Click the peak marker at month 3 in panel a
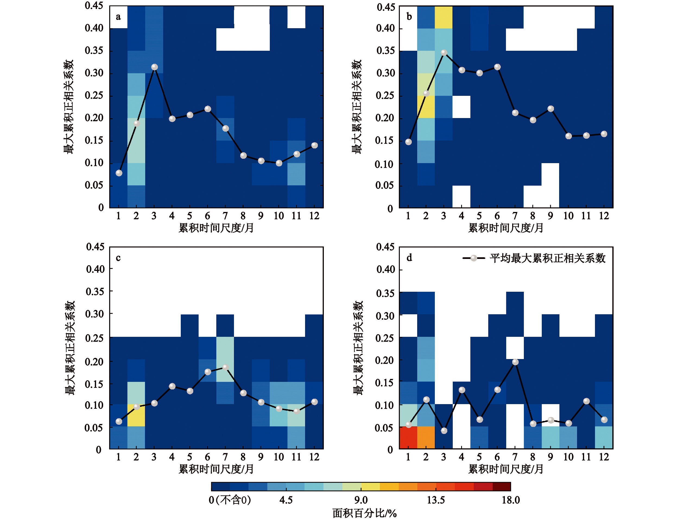(154, 67)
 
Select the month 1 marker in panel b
(408, 142)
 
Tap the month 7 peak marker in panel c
(226, 367)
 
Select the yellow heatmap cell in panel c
(136, 415)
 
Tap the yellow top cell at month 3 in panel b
(444, 17)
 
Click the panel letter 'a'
(118, 17)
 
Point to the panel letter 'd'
(409, 258)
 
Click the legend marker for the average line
(474, 258)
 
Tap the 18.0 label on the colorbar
(511, 500)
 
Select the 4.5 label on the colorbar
(286, 500)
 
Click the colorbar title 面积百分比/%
(365, 513)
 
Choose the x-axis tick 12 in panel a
(314, 216)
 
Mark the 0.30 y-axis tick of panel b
(386, 73)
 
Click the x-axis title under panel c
(216, 469)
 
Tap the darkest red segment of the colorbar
(501, 487)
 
